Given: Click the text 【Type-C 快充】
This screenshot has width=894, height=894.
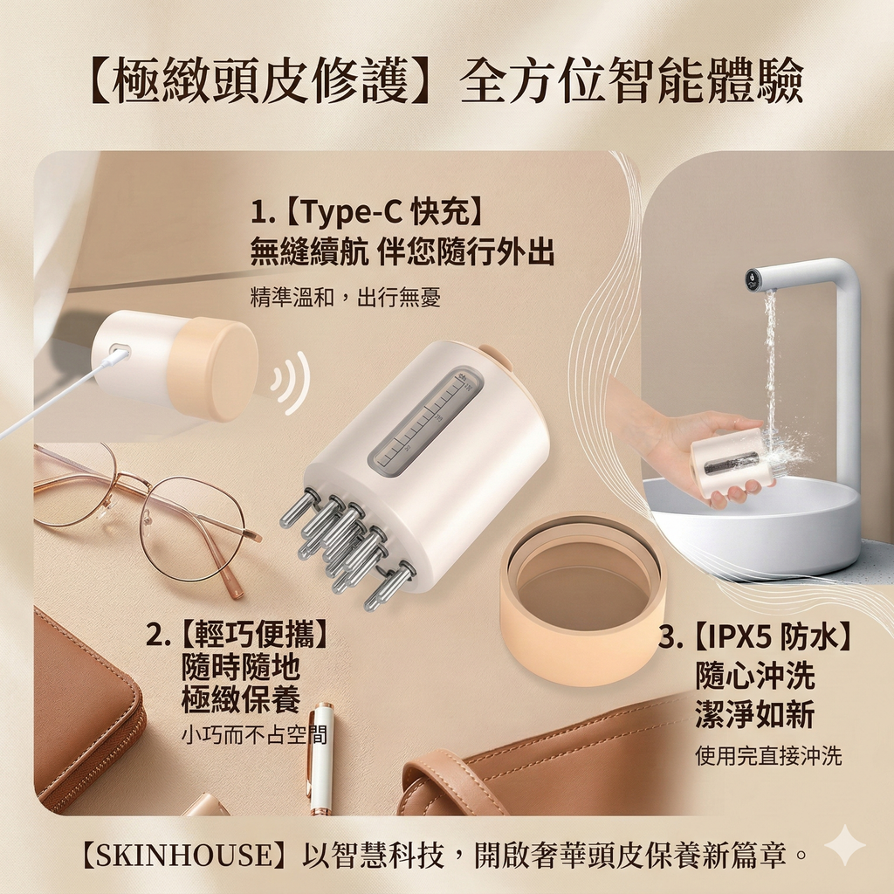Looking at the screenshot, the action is [385, 211].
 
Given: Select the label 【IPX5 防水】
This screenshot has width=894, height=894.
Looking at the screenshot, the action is [773, 636].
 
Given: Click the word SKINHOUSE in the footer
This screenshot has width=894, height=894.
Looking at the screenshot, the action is [190, 855].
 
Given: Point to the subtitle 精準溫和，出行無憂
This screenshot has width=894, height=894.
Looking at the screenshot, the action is [346, 297].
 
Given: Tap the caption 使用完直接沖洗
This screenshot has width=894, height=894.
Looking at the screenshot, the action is [768, 756].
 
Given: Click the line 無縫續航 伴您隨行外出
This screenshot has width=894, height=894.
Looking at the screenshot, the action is [402, 251].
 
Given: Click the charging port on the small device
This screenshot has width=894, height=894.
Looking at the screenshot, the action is [119, 351].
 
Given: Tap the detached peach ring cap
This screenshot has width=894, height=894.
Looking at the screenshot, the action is [582, 599].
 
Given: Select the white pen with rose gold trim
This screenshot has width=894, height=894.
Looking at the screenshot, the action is [320, 759].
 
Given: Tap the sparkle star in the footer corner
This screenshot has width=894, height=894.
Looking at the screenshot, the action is [845, 845].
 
